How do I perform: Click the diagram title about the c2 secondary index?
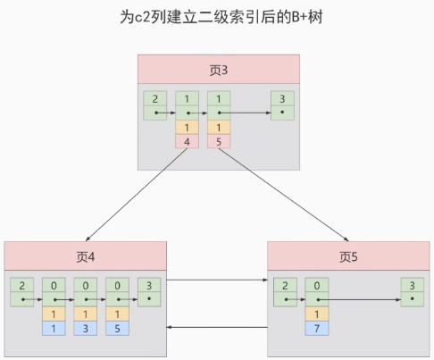218,19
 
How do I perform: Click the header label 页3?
218,70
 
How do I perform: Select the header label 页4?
86,256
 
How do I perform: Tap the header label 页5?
348,256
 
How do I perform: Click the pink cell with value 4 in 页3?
188,140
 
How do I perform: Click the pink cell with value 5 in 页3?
219,140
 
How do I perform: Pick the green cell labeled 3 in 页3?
282,105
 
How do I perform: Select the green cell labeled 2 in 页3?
155,105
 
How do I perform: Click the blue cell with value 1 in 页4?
54,328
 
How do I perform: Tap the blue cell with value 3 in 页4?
86,328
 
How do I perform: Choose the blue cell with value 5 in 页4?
117,328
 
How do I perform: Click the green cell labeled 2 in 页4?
22,292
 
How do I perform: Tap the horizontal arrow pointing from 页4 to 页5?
217,280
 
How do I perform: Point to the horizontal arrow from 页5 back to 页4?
217,328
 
